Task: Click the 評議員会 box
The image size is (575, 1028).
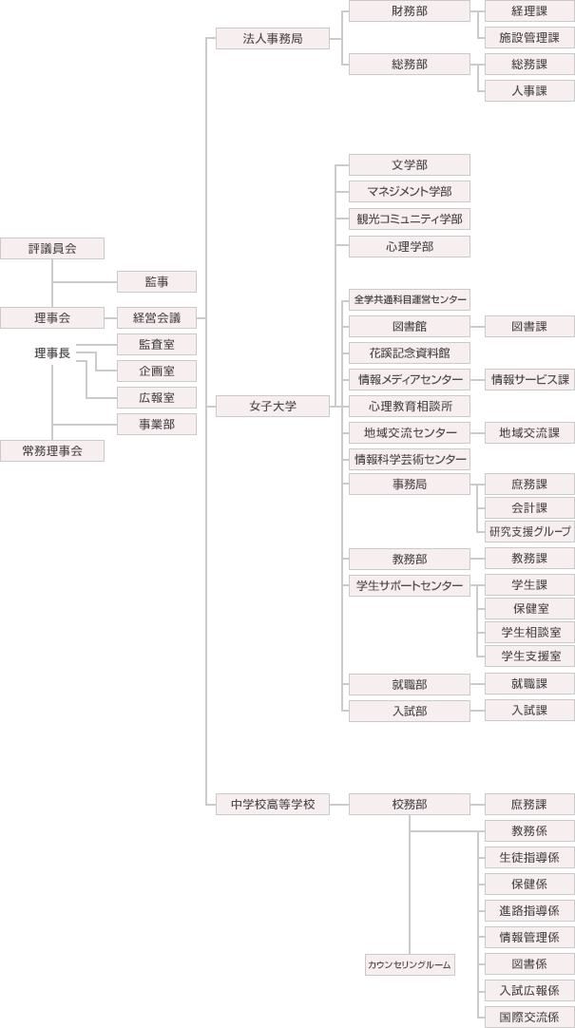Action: (51, 249)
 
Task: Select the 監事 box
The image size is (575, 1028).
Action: (157, 282)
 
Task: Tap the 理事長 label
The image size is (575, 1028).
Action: (51, 353)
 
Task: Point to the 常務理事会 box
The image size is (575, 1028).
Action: (51, 451)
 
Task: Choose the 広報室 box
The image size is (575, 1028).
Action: (157, 397)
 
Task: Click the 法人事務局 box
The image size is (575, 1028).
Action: (273, 39)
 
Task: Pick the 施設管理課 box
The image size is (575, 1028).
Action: (529, 38)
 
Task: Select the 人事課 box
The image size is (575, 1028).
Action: (529, 91)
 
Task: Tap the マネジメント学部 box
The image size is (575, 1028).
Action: (410, 192)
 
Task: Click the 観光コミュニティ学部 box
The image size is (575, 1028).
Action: (410, 219)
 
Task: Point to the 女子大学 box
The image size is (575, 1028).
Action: (273, 407)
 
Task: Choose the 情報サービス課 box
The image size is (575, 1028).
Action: (529, 380)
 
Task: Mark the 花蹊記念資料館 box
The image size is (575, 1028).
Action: (410, 352)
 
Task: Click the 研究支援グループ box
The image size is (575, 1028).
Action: (529, 532)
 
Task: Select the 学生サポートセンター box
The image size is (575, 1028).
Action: (410, 586)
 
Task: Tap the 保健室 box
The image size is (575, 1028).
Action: (529, 609)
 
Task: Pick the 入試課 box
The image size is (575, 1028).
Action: (529, 710)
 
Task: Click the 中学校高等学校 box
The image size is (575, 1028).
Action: (273, 805)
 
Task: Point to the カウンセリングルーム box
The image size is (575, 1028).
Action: (410, 965)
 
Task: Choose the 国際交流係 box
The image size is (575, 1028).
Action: (529, 1017)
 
